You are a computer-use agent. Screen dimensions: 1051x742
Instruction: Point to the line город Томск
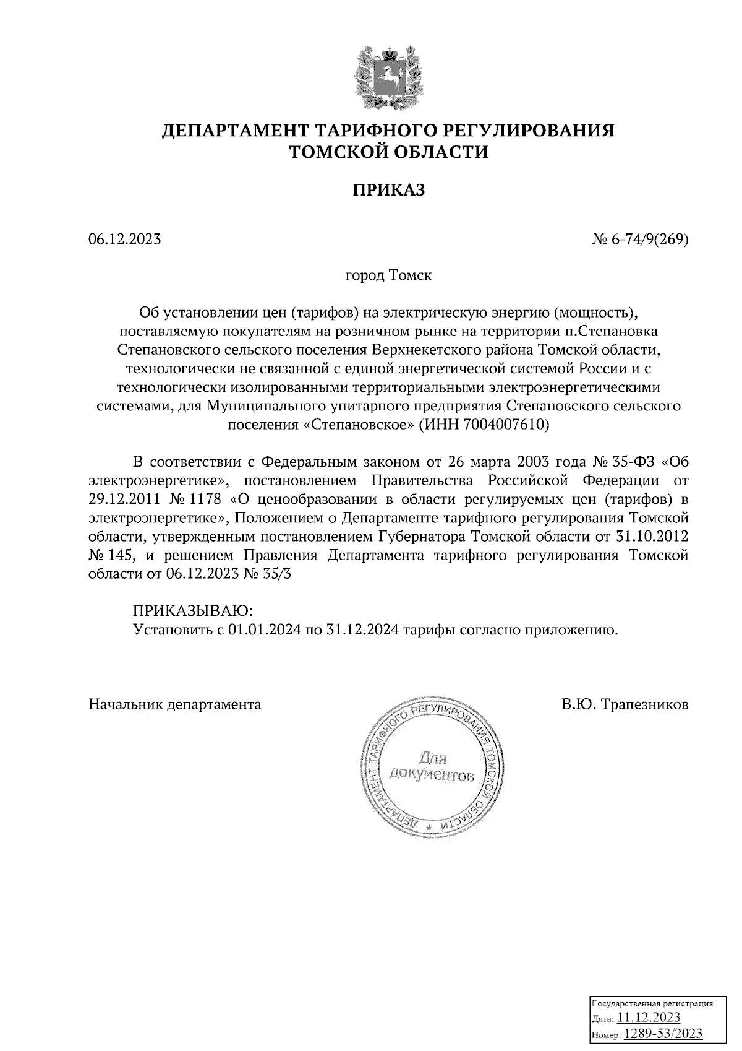[388, 275]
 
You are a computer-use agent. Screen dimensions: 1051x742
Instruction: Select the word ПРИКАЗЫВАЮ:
[192, 612]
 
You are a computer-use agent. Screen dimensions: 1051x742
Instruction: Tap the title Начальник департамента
[175, 704]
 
